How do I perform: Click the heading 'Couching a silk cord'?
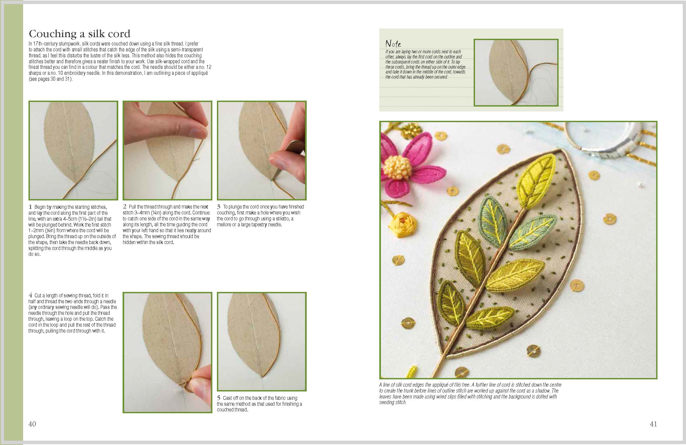[80, 34]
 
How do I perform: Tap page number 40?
[32, 424]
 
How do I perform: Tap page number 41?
[653, 424]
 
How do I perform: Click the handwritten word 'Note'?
[393, 44]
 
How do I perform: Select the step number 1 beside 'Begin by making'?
[30, 207]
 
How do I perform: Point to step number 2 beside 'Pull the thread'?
[124, 207]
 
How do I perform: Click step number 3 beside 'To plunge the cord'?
[219, 207]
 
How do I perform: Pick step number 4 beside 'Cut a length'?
[30, 295]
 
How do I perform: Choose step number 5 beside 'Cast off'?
[219, 398]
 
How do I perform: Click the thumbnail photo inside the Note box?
[516, 73]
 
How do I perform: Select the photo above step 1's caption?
[73, 150]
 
